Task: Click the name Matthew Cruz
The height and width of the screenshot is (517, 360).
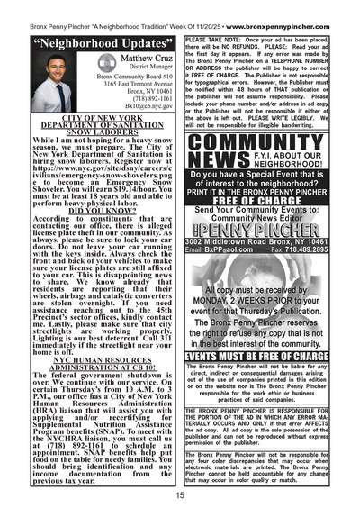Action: (x=130, y=59)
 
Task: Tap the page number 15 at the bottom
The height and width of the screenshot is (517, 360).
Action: (x=180, y=495)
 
